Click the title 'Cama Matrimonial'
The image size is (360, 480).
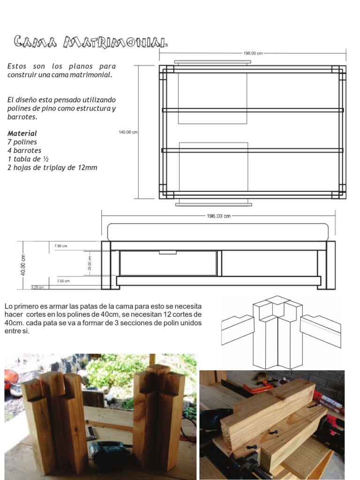pyautogui.click(x=90, y=42)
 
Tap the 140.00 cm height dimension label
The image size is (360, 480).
pyautogui.click(x=128, y=132)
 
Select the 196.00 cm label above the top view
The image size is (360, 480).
pyautogui.click(x=253, y=53)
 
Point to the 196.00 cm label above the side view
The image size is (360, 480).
pyautogui.click(x=218, y=216)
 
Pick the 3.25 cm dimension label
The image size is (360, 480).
pyautogui.click(x=37, y=287)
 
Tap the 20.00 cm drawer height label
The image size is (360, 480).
pyautogui.click(x=90, y=263)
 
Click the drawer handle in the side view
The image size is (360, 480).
pyautogui.click(x=167, y=252)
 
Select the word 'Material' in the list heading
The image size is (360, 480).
pyautogui.click(x=22, y=134)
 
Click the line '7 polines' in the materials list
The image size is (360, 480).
pyautogui.click(x=22, y=142)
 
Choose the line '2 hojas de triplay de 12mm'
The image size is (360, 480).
pyautogui.click(x=52, y=167)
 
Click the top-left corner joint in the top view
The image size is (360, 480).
pyautogui.click(x=167, y=69)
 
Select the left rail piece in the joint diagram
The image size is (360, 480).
pyautogui.click(x=237, y=328)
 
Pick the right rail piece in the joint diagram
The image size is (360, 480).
pyautogui.click(x=320, y=329)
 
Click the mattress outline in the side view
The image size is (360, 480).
pyautogui.click(x=218, y=232)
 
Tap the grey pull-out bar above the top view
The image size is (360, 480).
pyautogui.click(x=212, y=62)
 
